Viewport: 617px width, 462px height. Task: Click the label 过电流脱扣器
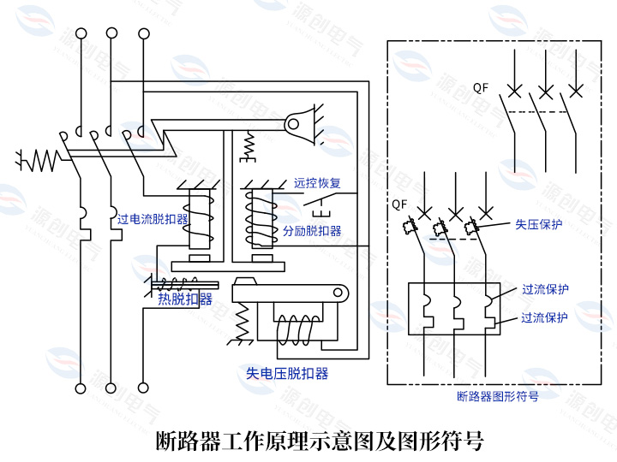[x=153, y=220]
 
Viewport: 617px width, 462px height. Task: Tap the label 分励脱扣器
[x=312, y=231]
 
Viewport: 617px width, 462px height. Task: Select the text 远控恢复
[x=317, y=183]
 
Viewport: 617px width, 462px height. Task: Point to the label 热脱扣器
[x=184, y=299]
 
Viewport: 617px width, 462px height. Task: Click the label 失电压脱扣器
[x=287, y=373]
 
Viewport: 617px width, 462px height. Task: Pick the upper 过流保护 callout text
[x=545, y=289]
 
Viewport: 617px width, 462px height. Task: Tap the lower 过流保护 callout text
[x=545, y=317]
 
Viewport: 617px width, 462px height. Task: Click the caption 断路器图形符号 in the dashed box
[x=497, y=397]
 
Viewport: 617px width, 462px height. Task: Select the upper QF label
[x=482, y=86]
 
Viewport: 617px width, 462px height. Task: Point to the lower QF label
[x=399, y=204]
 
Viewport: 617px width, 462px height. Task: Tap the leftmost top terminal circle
[x=81, y=33]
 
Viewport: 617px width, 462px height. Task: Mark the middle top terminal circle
[x=111, y=33]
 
